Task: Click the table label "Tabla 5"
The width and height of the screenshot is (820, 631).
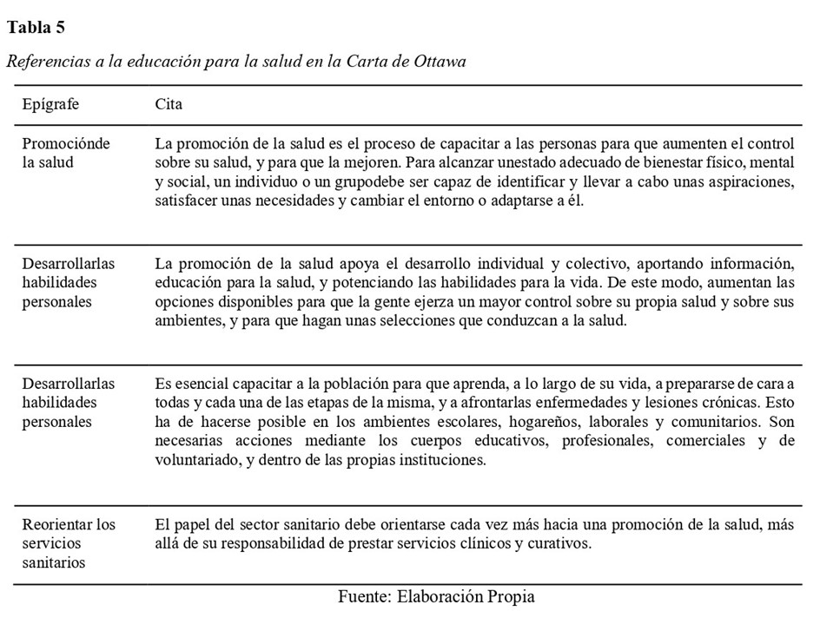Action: [x=36, y=28]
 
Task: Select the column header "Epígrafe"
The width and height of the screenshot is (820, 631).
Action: [x=50, y=104]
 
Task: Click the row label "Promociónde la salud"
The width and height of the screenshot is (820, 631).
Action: [x=67, y=153]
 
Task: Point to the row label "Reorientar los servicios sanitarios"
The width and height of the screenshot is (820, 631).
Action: [x=69, y=543]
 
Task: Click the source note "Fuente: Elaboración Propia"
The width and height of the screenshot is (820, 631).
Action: [x=436, y=597]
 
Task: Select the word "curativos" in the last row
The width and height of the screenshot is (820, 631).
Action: [x=559, y=544]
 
